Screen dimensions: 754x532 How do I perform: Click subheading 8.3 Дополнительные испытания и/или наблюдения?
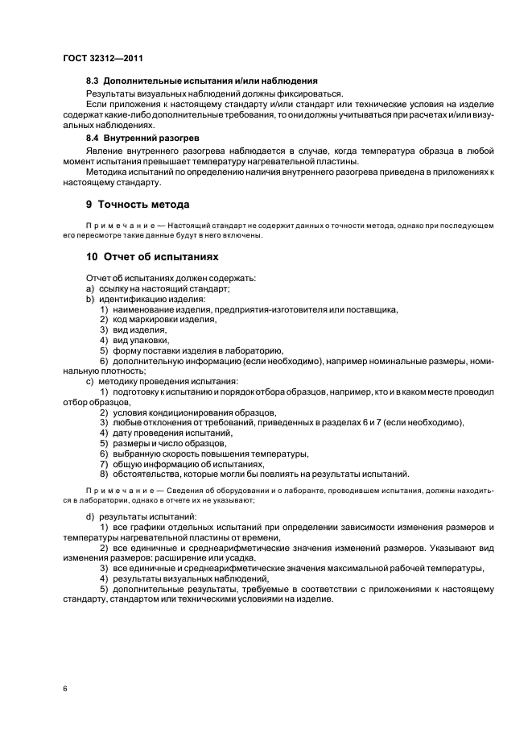[201, 81]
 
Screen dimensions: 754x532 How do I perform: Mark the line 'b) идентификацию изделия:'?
[134, 299]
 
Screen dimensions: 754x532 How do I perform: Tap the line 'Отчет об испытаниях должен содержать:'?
[162, 278]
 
